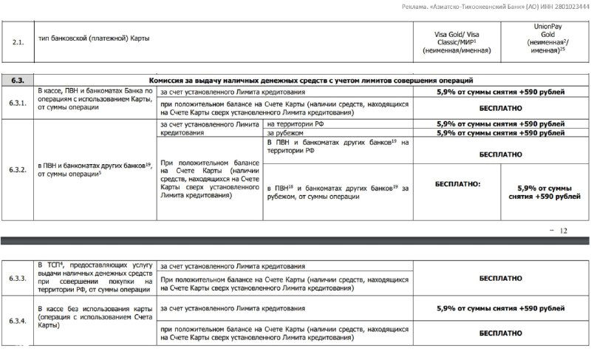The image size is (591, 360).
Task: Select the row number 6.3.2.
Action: tap(19, 169)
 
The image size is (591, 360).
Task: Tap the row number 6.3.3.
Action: tap(19, 279)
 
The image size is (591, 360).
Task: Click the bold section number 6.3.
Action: tap(18, 80)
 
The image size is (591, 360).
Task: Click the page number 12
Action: tap(564, 231)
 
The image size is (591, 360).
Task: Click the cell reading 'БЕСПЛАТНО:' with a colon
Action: tap(457, 183)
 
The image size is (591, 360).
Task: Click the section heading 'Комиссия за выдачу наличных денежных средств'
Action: tap(310, 80)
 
